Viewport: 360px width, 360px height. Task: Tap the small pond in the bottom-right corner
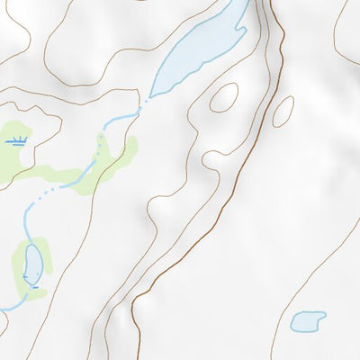click(x=308, y=320)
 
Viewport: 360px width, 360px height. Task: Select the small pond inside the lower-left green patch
click(x=32, y=264)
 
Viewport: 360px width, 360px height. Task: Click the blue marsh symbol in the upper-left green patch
click(x=17, y=140)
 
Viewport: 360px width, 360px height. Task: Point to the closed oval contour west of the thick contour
click(x=223, y=97)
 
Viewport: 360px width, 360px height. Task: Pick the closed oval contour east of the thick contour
click(x=283, y=110)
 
